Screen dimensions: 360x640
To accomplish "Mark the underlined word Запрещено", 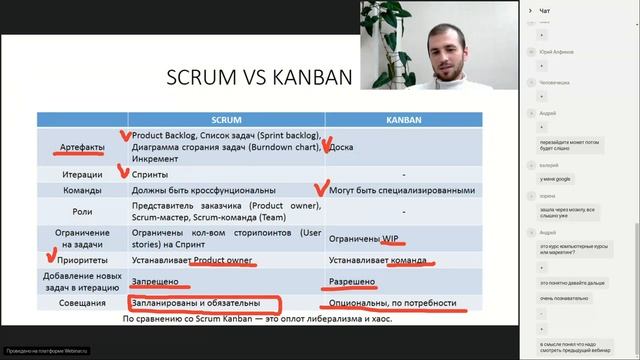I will [156, 282].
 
